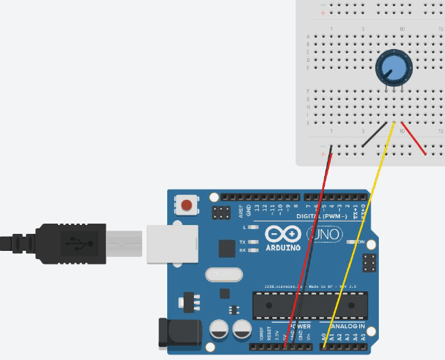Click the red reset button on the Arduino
click(x=186, y=203)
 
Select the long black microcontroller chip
click(x=310, y=305)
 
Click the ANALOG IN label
click(x=347, y=327)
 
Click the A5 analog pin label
click(x=363, y=336)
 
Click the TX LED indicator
click(x=254, y=242)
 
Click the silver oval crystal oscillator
click(x=223, y=274)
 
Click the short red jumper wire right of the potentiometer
click(x=414, y=138)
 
